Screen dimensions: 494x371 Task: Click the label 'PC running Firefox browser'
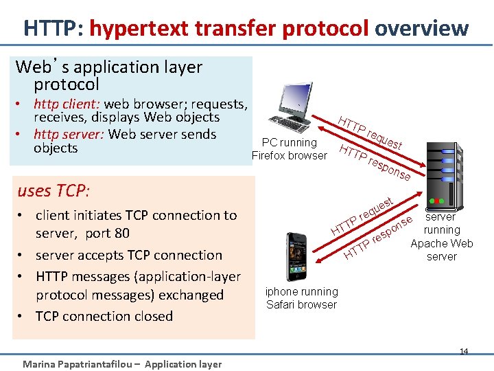coord(290,149)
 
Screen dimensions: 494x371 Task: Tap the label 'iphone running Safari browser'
coord(302,298)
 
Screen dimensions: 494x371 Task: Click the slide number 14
coord(464,352)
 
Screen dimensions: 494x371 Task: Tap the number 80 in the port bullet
coord(120,233)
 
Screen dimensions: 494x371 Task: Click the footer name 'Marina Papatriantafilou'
coord(78,364)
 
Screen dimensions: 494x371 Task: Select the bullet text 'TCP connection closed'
coord(104,316)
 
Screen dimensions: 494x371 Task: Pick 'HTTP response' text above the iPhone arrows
coord(377,241)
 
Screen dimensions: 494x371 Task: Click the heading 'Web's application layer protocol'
coord(108,76)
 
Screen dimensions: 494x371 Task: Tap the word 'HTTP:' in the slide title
coord(54,28)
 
